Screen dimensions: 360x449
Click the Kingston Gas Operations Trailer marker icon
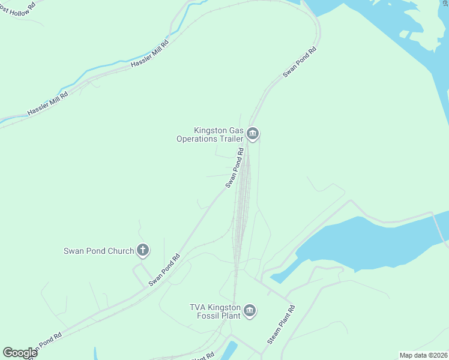click(x=253, y=133)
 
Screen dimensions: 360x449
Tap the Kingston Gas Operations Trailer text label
click(x=210, y=134)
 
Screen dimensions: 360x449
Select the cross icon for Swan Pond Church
click(x=143, y=250)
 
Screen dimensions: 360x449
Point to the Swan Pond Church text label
click(x=98, y=251)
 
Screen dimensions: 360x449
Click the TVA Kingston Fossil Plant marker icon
click(x=250, y=311)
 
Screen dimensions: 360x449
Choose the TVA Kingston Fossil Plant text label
click(x=215, y=311)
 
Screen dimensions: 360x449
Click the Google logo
click(x=20, y=353)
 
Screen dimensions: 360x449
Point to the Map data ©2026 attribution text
click(x=423, y=355)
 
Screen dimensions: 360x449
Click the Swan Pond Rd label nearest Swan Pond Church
click(x=164, y=270)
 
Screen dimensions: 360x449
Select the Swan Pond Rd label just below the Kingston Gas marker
click(x=237, y=168)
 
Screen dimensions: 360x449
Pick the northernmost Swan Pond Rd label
click(x=299, y=61)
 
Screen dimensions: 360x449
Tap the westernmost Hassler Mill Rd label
click(x=47, y=103)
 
